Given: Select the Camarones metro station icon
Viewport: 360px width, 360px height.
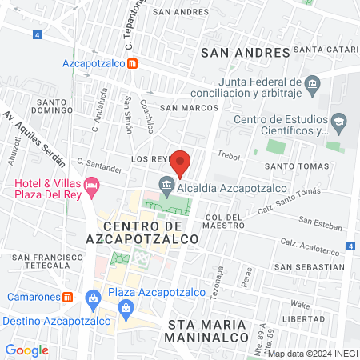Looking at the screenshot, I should click(x=69, y=297).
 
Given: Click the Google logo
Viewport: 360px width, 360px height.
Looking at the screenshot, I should click(x=27, y=350).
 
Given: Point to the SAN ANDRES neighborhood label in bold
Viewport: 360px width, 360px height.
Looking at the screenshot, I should click(x=244, y=53).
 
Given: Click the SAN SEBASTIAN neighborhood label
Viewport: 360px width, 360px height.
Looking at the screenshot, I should click(x=308, y=266).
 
